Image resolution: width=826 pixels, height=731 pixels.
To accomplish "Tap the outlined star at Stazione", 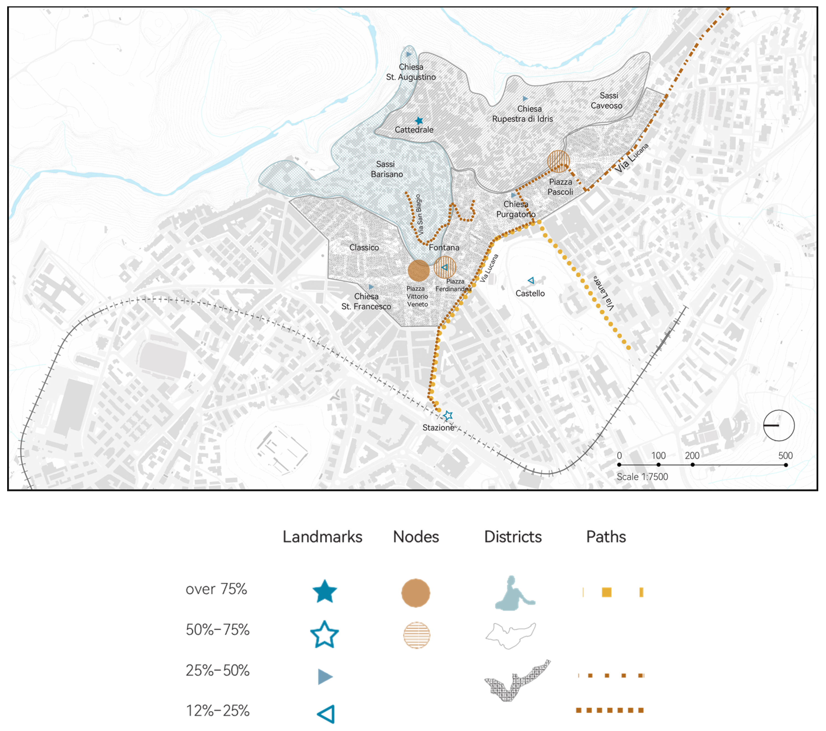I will pos(447,415).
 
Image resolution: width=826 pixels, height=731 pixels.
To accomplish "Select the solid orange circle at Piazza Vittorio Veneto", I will pos(418,270).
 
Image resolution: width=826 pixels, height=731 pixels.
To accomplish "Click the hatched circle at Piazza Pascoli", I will pos(558,161).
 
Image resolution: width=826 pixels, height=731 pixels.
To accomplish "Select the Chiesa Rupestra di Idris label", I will pos(522,114).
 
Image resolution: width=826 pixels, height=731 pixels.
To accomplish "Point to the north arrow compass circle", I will pos(779,425).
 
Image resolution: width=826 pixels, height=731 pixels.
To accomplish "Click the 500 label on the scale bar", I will pos(785,456).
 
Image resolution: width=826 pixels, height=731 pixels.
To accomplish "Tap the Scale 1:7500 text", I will pos(642,477).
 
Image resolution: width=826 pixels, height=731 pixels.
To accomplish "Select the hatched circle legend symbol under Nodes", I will pos(416,635).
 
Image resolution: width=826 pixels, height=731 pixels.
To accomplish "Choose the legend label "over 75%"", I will pos(216,589).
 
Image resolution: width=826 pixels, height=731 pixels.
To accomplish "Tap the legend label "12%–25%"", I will pos(217,710).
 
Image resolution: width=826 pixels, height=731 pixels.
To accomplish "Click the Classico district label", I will pos(364,247).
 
